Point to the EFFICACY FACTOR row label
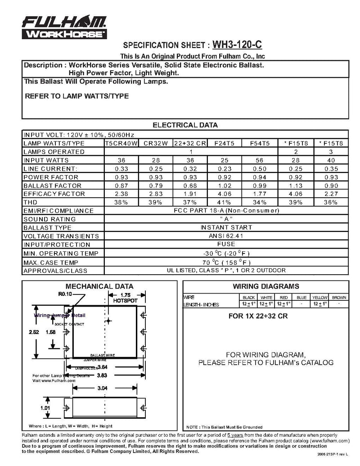[54, 194]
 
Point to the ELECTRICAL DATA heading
[185, 125]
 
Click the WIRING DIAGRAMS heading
[265, 286]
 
